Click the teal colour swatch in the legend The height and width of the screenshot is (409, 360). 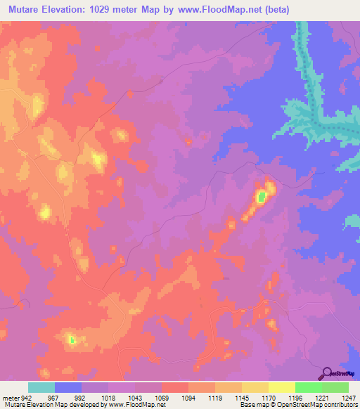point(41,387)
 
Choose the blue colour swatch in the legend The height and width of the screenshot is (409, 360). point(68,387)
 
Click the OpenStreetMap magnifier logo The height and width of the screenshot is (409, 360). point(328,374)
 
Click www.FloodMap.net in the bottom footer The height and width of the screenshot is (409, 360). point(134,405)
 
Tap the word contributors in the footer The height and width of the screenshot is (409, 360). point(340,405)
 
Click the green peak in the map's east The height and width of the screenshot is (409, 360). point(261,197)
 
